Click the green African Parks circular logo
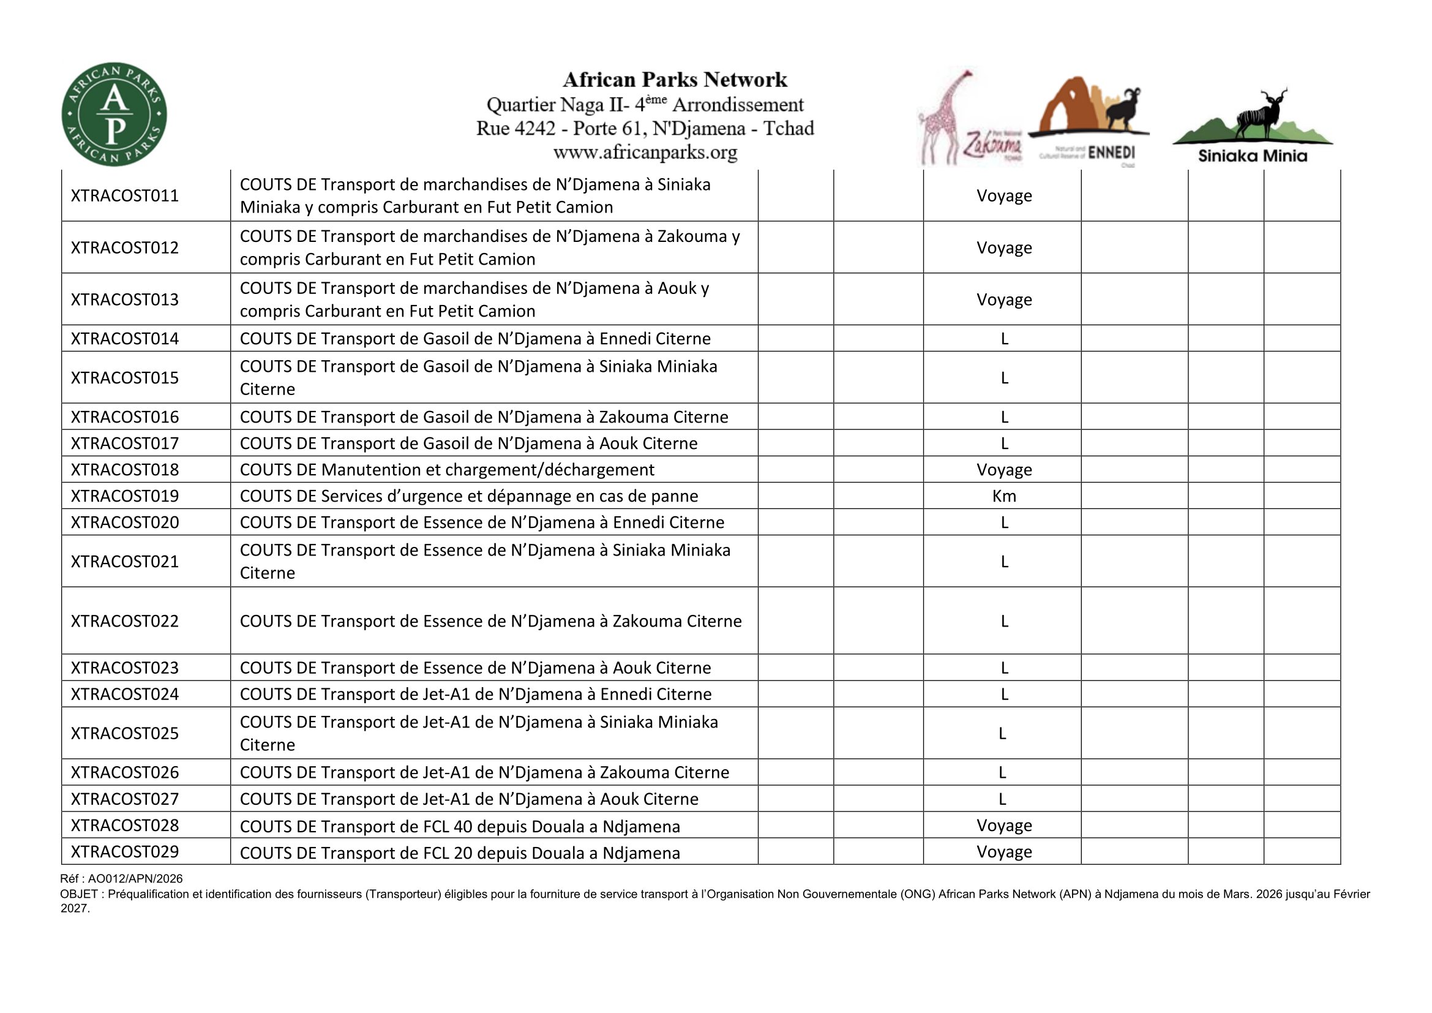[114, 114]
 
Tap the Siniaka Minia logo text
[1252, 156]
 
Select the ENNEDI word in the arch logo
[1111, 153]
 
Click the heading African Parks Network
[675, 80]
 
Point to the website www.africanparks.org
[645, 153]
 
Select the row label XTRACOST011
[125, 196]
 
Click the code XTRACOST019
[125, 496]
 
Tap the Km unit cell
[1003, 496]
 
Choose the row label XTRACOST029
[125, 851]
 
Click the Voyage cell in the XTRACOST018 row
[1003, 470]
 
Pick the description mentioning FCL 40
[460, 826]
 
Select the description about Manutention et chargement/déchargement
[446, 470]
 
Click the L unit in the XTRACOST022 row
[1003, 621]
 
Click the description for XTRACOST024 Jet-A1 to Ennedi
[475, 695]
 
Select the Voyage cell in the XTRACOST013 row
[1003, 299]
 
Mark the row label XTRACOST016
[125, 416]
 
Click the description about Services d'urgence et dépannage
[468, 496]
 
